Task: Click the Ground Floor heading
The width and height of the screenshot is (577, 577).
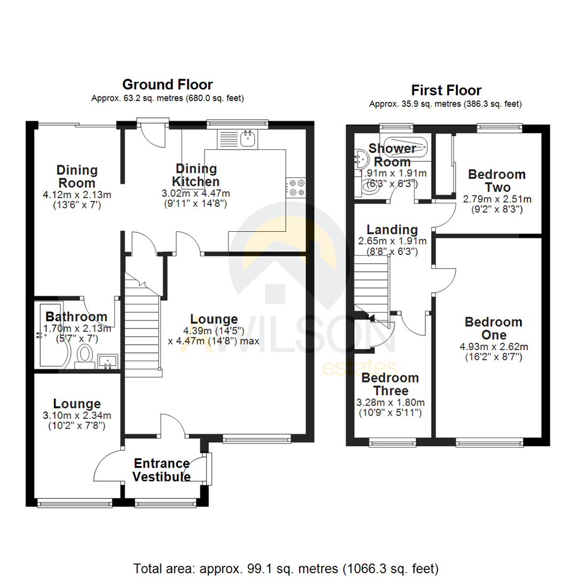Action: pos(167,84)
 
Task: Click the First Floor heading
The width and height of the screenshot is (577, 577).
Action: pos(446,90)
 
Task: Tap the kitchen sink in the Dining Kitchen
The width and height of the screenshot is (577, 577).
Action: pos(248,139)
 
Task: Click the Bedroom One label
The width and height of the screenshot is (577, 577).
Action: pos(486,328)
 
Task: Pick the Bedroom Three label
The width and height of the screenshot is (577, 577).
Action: pos(390,384)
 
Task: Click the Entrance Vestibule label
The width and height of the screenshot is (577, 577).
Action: pos(161,470)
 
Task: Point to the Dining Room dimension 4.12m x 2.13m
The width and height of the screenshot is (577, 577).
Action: pos(77,195)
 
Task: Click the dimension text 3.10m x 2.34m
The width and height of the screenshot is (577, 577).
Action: pos(77,417)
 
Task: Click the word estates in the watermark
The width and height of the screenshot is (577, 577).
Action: pos(359,369)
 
